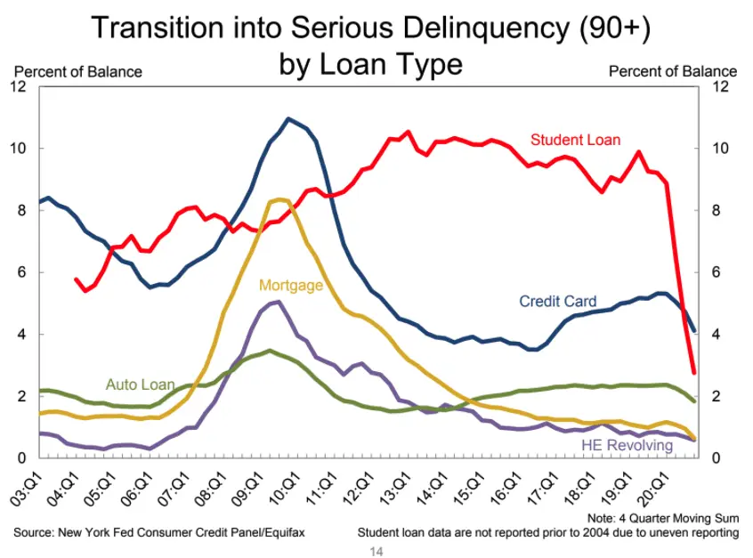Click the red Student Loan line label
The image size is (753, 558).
[575, 140]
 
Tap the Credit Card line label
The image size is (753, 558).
[558, 302]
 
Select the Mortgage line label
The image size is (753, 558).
[291, 286]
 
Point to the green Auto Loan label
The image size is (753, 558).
[140, 384]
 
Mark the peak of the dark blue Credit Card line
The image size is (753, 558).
[287, 118]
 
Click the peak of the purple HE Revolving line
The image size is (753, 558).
[278, 302]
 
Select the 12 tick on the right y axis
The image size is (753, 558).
[722, 86]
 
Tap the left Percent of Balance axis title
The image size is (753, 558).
[77, 71]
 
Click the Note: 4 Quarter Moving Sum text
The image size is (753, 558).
[663, 518]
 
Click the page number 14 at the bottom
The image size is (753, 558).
[376, 552]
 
